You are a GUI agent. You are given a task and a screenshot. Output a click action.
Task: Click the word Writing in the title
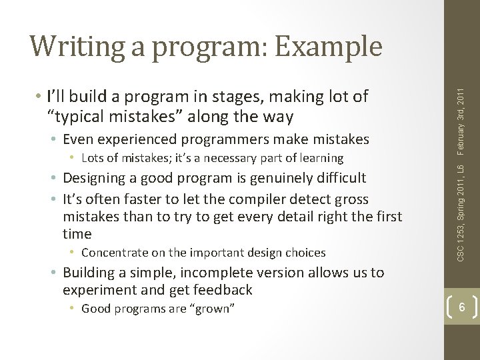77,47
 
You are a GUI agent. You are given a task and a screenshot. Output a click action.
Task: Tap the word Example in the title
329,47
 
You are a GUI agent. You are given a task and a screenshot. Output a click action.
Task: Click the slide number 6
461,307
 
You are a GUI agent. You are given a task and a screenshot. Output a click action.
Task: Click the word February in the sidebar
461,139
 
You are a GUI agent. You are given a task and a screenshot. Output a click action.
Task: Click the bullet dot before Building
53,272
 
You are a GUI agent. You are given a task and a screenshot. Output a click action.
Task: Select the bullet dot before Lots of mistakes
72,158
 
